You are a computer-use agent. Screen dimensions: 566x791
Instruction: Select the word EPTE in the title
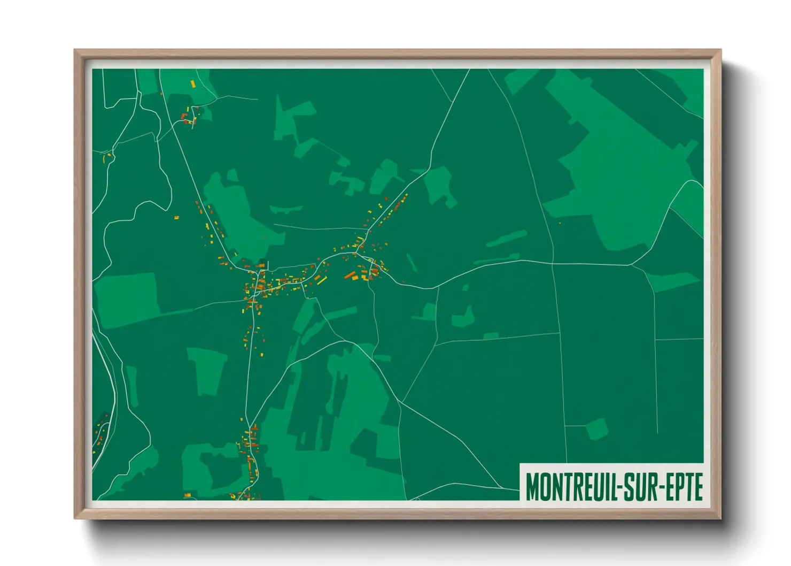[686, 486]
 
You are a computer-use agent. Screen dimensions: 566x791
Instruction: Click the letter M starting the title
[532, 486]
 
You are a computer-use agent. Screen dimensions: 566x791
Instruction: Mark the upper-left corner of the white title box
[521, 463]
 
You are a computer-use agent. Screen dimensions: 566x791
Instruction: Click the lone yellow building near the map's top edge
[193, 83]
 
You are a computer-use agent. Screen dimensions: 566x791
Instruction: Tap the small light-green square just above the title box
[597, 430]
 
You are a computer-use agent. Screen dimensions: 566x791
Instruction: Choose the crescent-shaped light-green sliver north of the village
[286, 209]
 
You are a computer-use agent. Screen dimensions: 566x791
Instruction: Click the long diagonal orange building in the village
[351, 275]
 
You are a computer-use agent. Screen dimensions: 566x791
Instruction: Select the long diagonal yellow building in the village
[322, 280]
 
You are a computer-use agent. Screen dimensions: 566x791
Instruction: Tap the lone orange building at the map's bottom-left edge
[187, 495]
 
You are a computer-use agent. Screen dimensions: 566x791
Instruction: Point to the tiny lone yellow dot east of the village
[560, 223]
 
